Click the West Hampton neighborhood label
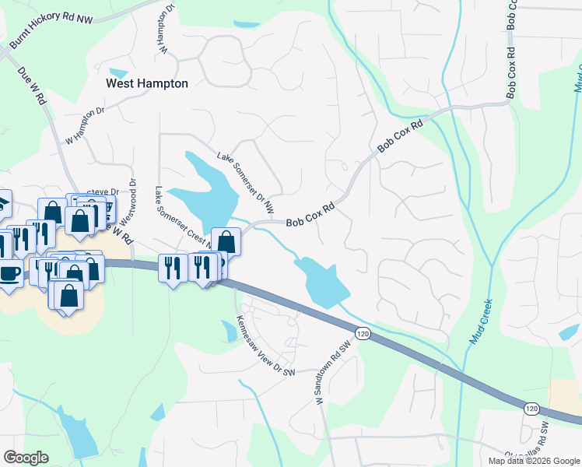click(x=147, y=83)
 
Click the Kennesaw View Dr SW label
click(x=266, y=348)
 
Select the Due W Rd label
click(x=33, y=86)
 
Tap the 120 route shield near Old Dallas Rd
click(x=531, y=408)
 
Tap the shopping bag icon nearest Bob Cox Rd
click(x=226, y=241)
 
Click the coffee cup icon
click(x=10, y=274)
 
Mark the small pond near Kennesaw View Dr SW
click(x=230, y=331)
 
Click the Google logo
click(x=26, y=458)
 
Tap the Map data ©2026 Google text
click(x=533, y=461)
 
